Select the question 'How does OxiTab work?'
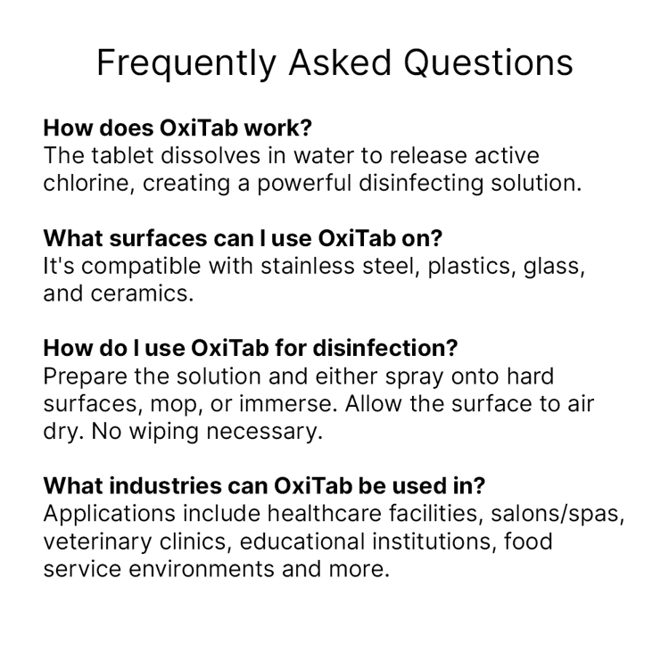(x=178, y=128)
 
